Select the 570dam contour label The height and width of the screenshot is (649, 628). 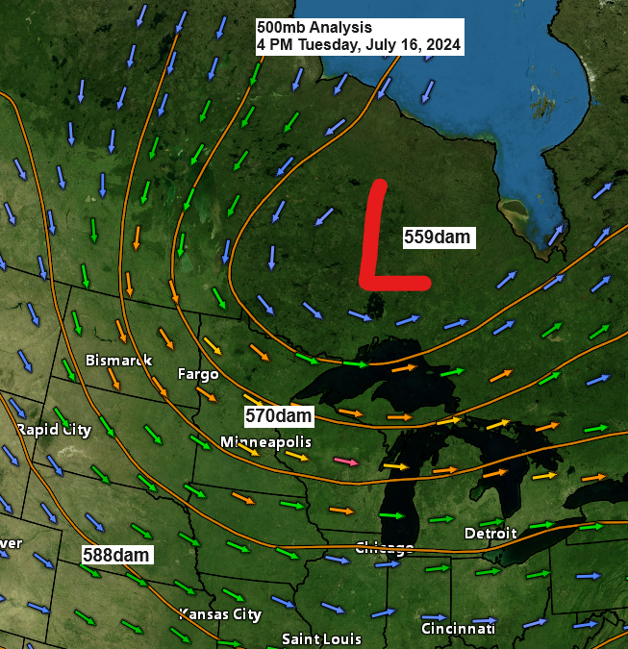(279, 415)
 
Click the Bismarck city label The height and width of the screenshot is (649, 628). (118, 361)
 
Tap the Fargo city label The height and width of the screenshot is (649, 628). (198, 373)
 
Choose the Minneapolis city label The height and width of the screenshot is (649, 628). (265, 441)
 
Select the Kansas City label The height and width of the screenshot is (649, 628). (220, 613)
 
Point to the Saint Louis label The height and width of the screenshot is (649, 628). (321, 638)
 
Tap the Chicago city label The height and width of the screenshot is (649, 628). (385, 548)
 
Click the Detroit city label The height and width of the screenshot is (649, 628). (490, 533)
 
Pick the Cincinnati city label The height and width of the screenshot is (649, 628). (458, 628)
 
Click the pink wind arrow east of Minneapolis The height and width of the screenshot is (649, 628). (348, 462)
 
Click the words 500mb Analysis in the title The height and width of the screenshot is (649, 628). (314, 28)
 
